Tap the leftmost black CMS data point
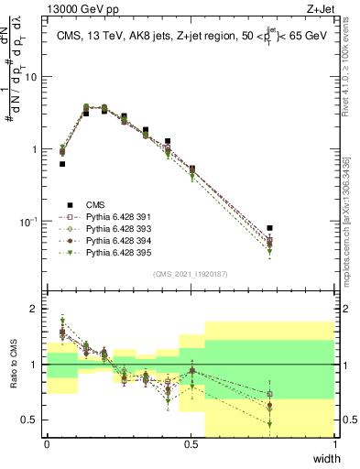(62, 164)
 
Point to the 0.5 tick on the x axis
(191, 444)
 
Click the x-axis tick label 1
(335, 444)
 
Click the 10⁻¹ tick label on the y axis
(27, 221)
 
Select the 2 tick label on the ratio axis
(35, 309)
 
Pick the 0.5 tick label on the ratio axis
(30, 420)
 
